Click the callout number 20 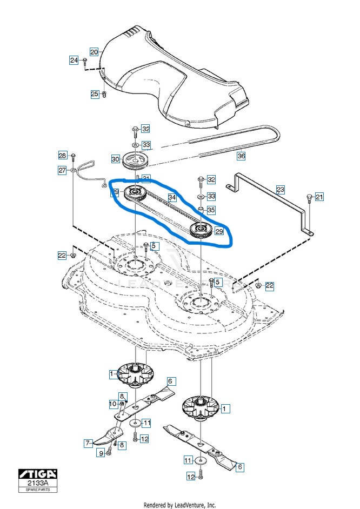94,52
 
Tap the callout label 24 74,60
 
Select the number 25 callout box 94,94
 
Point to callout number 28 62,156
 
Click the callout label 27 62,170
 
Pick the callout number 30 115,159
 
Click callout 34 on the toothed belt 172,198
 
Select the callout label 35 211,210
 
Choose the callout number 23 280,190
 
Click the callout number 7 88,443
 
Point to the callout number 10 113,404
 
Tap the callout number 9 101,453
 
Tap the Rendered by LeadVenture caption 179,505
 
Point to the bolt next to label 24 85,61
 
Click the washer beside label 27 73,171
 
